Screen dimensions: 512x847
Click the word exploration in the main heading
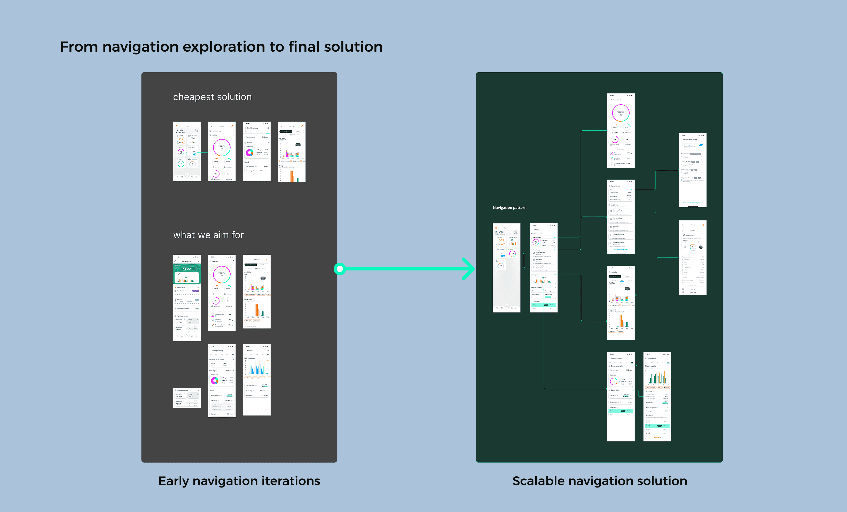pyautogui.click(x=225, y=47)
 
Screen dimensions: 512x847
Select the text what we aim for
pyautogui.click(x=208, y=235)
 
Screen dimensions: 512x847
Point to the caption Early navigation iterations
pyautogui.click(x=239, y=481)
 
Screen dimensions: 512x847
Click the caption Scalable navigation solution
pyautogui.click(x=600, y=481)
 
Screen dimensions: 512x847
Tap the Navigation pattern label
pyautogui.click(x=509, y=207)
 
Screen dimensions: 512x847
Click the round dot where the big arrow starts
pyautogui.click(x=340, y=269)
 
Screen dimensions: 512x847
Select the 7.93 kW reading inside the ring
pyautogui.click(x=621, y=112)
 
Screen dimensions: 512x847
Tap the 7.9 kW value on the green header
pyautogui.click(x=187, y=269)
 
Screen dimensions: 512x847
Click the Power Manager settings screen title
pyautogui.click(x=690, y=140)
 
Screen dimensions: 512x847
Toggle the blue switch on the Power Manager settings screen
pyautogui.click(x=701, y=145)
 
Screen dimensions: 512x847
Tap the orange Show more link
pyautogui.click(x=657, y=437)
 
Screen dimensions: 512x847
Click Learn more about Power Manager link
pyautogui.click(x=621, y=250)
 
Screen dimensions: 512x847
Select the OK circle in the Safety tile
pyautogui.click(x=181, y=164)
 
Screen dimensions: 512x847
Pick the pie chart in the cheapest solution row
pyautogui.click(x=249, y=152)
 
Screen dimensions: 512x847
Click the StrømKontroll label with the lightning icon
pyautogui.click(x=181, y=287)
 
